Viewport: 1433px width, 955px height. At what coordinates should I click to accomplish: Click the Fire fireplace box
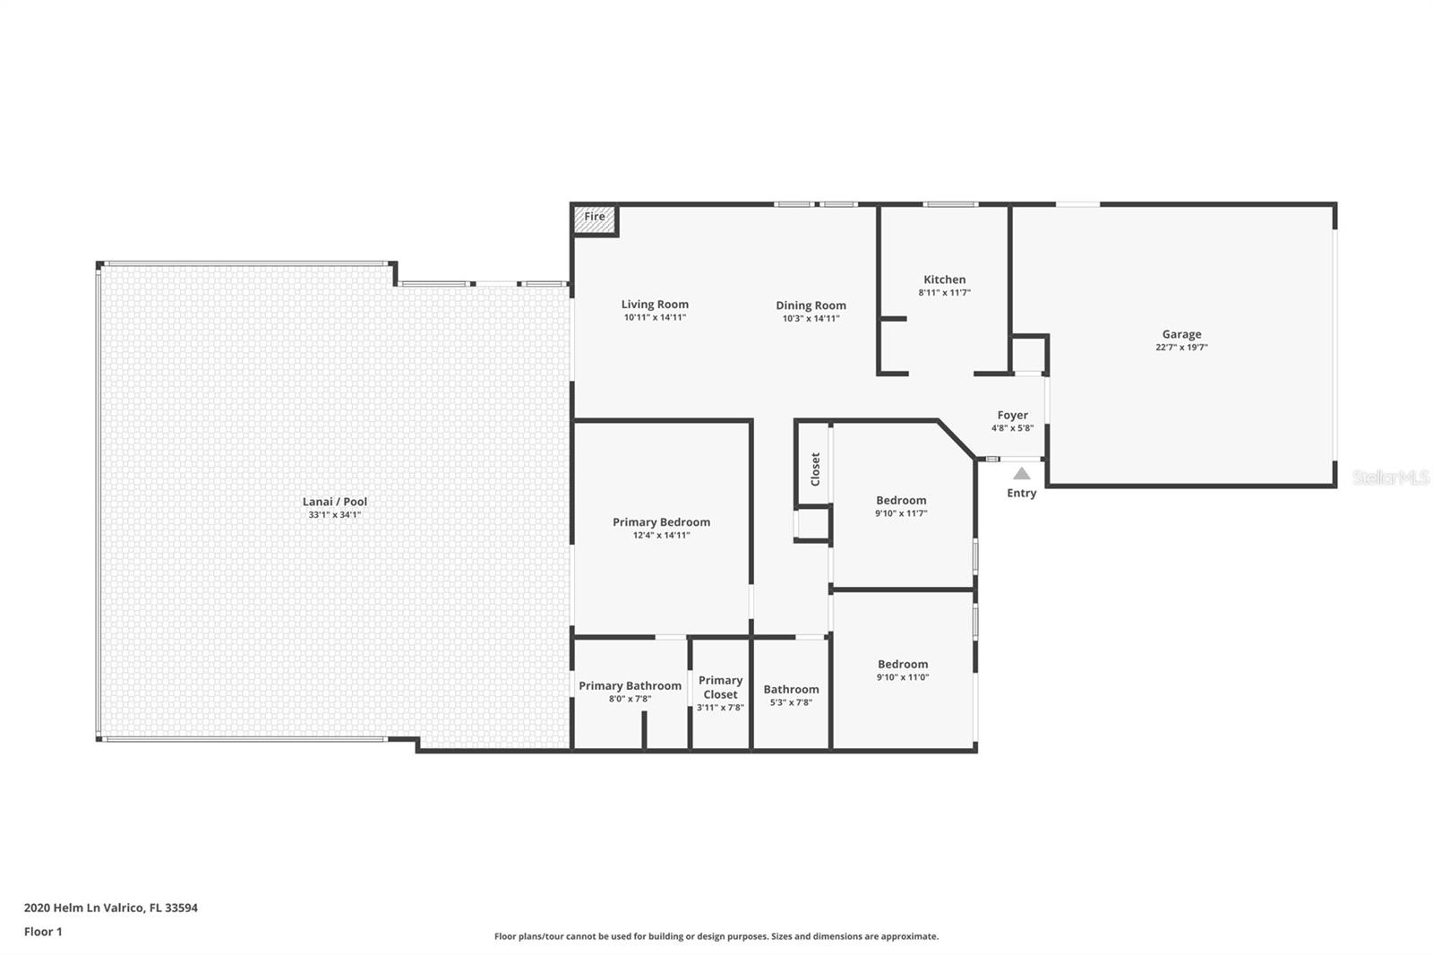click(595, 219)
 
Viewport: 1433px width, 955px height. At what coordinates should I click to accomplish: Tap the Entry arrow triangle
click(1022, 474)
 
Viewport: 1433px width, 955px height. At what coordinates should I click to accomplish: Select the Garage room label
click(1181, 334)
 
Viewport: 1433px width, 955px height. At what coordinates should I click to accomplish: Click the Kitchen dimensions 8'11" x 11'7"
click(944, 293)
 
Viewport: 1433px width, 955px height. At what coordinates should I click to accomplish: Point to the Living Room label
click(655, 305)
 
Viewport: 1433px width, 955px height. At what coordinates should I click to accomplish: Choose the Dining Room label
click(811, 305)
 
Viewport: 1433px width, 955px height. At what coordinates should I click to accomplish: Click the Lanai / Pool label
click(335, 502)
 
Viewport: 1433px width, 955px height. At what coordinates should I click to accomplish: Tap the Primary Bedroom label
click(661, 522)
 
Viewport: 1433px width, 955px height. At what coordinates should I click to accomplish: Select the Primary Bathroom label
click(630, 686)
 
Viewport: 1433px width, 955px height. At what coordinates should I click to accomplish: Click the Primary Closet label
click(720, 687)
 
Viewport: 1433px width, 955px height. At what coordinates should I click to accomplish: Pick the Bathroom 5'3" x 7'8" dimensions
click(791, 703)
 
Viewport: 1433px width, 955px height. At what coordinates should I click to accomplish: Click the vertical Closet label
click(815, 469)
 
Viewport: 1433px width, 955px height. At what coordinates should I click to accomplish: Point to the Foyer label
click(1012, 416)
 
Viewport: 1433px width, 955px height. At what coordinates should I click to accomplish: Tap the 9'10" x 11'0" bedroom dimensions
click(902, 677)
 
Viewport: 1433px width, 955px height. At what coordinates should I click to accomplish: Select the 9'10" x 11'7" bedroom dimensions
click(901, 514)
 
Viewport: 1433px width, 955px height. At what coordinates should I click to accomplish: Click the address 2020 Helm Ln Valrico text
click(110, 908)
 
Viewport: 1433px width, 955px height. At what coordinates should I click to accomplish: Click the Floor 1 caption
click(43, 932)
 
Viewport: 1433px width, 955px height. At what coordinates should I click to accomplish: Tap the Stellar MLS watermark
click(1390, 478)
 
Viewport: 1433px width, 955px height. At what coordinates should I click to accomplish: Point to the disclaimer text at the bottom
click(716, 937)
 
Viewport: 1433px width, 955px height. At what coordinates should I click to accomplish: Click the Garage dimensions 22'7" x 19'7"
click(1181, 348)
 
